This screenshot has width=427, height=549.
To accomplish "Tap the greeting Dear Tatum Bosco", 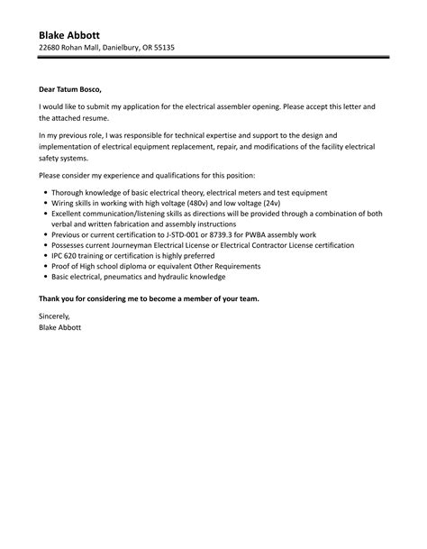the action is [x=71, y=90].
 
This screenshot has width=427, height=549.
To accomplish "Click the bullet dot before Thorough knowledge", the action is [x=45, y=194].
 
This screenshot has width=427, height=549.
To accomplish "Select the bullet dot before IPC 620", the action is [x=45, y=256].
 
